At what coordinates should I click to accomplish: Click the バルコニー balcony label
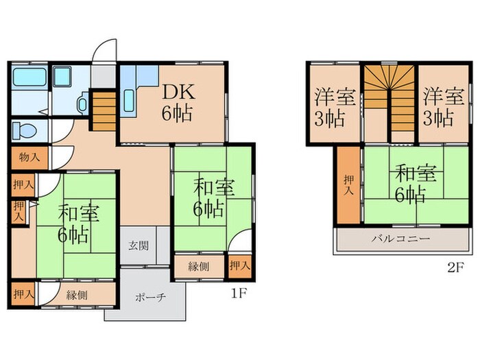400,239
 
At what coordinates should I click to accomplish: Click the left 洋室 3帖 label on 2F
334,106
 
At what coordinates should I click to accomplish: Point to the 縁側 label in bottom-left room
77,296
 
